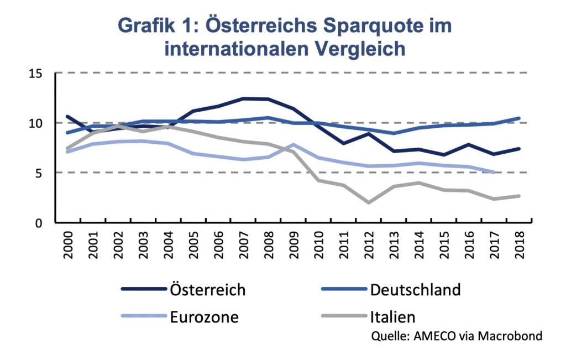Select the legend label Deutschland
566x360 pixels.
click(x=415, y=289)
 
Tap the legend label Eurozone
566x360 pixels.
click(x=205, y=317)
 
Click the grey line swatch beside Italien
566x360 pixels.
click(x=343, y=317)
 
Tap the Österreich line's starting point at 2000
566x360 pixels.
click(x=67, y=117)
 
